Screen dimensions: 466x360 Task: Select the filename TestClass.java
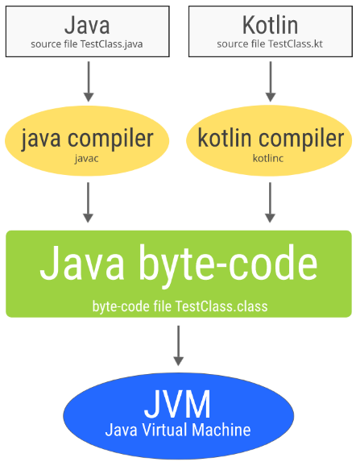118,43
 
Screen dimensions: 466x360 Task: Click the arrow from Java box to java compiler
88,81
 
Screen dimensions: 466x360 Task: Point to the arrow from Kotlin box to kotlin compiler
270,81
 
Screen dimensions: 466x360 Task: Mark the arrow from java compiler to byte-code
88,203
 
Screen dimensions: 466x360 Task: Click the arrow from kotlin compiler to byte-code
270,203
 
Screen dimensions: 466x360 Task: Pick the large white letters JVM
178,403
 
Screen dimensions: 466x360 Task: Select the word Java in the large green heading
83,263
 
